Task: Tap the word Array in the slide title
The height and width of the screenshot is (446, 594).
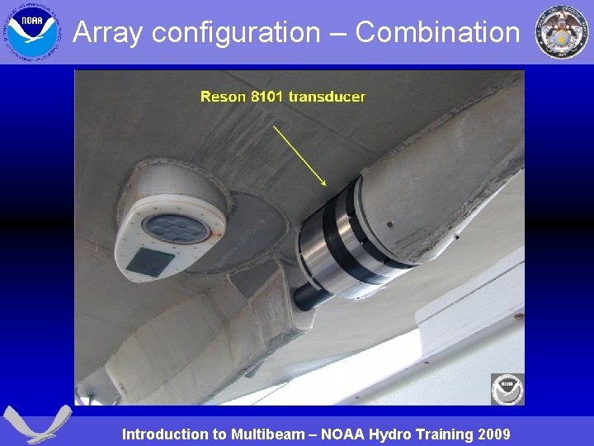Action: (108, 32)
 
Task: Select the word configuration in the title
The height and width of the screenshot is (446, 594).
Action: (235, 32)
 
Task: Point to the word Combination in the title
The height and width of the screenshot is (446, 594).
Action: (437, 32)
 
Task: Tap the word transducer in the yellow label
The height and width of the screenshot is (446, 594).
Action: (326, 97)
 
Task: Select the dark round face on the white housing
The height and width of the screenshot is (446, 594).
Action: (176, 228)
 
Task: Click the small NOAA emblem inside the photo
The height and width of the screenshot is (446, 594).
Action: (507, 388)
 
